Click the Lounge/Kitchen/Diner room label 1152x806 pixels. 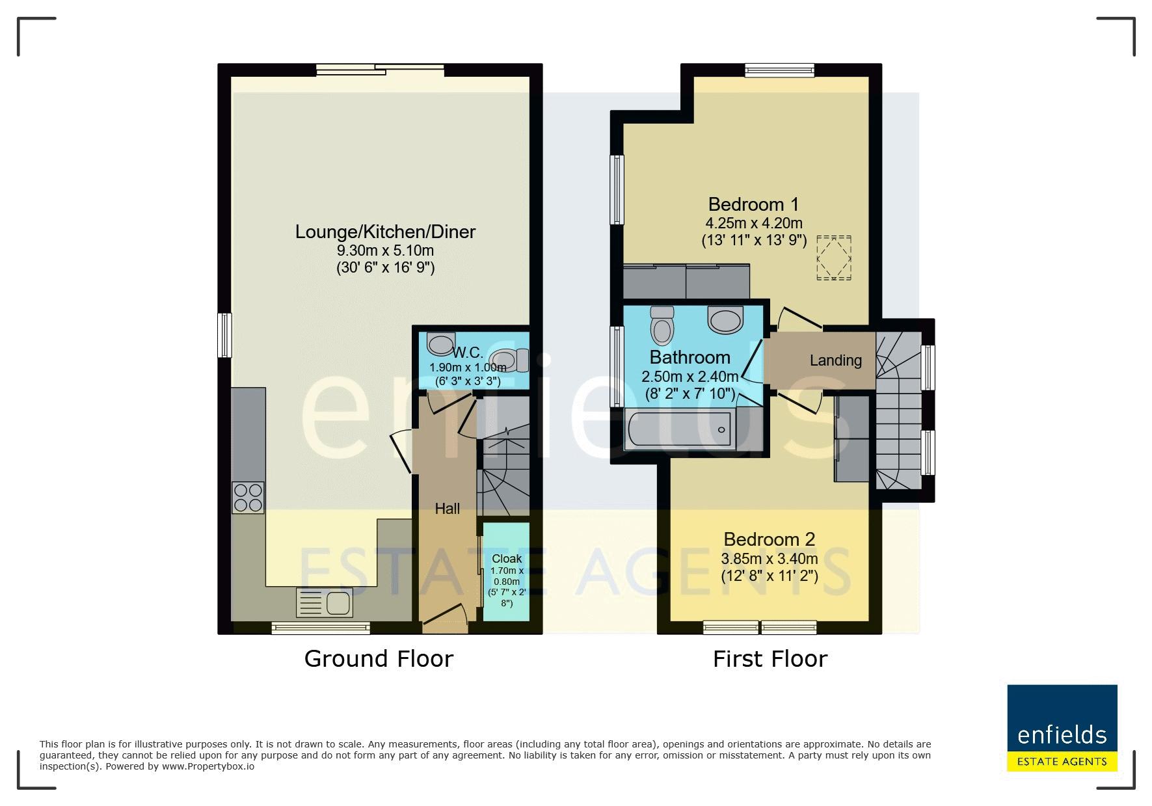tap(385, 232)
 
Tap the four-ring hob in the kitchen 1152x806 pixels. tap(248, 498)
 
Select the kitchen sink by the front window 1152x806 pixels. tap(324, 602)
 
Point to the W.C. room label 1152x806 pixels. tap(468, 353)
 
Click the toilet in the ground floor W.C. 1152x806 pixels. tap(509, 360)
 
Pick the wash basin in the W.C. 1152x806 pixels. tap(442, 343)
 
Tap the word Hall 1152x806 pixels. tap(447, 509)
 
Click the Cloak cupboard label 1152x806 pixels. tap(507, 559)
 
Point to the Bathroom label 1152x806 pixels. tap(690, 357)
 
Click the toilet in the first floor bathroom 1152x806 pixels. tap(662, 325)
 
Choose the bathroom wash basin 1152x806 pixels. tap(725, 319)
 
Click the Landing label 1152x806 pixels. tap(836, 360)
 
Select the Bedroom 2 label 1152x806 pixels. tap(769, 539)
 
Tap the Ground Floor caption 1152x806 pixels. tap(379, 659)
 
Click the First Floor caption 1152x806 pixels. tap(770, 659)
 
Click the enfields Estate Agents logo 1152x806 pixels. tap(1062, 728)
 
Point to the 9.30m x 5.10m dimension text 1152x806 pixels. tap(385, 250)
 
